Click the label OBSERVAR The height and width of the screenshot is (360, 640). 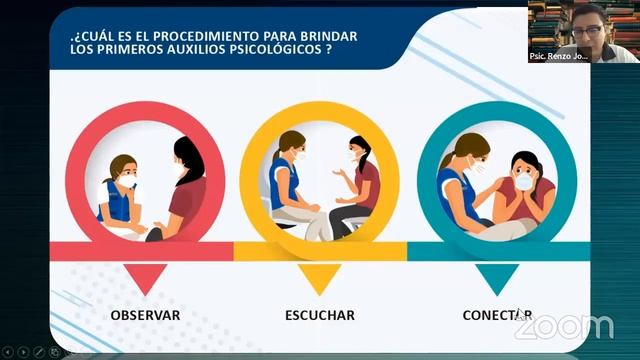pyautogui.click(x=146, y=315)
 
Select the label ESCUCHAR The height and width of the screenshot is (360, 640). pyautogui.click(x=319, y=315)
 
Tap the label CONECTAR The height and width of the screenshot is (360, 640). pyautogui.click(x=496, y=315)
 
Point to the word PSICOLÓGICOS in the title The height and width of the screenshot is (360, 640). pyautogui.click(x=271, y=50)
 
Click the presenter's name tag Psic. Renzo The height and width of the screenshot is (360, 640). pyautogui.click(x=559, y=57)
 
